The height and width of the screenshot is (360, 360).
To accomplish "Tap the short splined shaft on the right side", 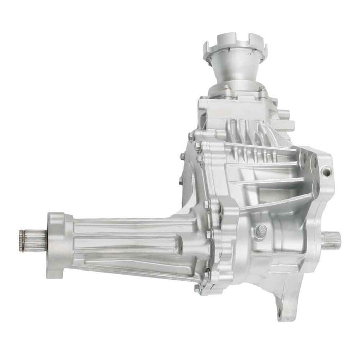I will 332,239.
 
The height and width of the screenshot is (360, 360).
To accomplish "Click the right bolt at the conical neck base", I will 261,91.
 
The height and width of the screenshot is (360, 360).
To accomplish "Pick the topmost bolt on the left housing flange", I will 191,136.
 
